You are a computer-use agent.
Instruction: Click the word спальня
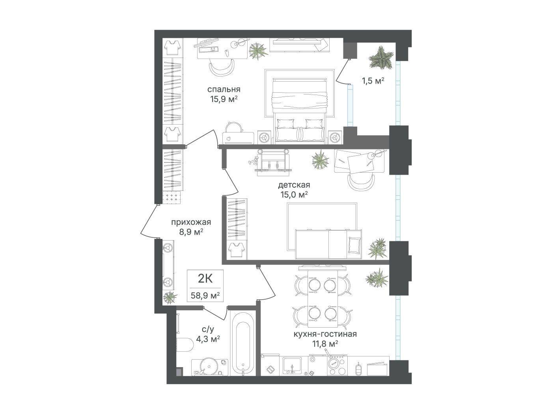click(x=224, y=89)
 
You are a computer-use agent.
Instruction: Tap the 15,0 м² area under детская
click(x=294, y=195)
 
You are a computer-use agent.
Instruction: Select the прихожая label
click(x=191, y=222)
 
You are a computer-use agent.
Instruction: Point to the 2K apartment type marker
click(x=205, y=278)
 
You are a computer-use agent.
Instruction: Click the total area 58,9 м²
click(x=205, y=295)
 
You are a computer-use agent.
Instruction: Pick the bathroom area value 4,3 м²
click(x=208, y=339)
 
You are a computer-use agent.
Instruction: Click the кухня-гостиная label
click(x=325, y=334)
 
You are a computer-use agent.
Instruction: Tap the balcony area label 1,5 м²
click(x=373, y=81)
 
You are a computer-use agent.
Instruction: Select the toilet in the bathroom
click(x=185, y=344)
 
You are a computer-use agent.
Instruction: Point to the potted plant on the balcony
click(x=381, y=58)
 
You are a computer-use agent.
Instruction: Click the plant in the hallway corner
click(x=170, y=298)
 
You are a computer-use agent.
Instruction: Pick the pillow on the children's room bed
click(x=355, y=245)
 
